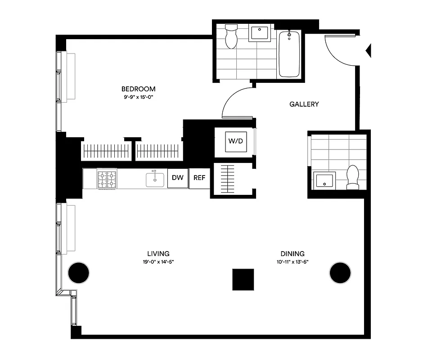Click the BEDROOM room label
138,89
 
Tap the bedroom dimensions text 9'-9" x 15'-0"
138,97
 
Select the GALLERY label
304,104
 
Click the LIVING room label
158,253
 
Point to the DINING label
292,253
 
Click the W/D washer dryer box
236,141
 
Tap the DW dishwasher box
178,178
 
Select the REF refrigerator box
199,178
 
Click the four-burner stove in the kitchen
107,178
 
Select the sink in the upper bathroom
259,34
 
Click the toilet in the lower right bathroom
353,177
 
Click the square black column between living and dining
243,279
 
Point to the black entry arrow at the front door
369,50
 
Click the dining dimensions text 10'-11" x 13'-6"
292,261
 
